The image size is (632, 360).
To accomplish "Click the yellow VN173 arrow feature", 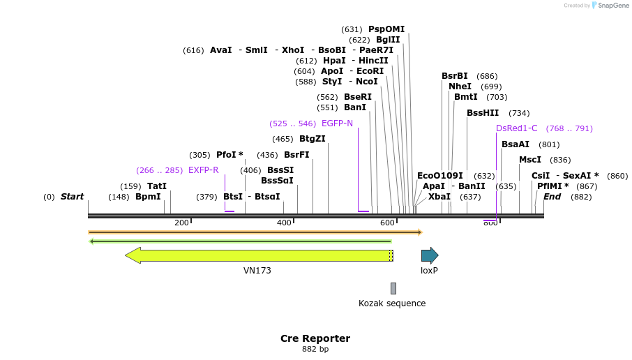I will (x=258, y=255).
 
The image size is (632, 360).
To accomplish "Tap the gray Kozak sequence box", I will (x=393, y=288).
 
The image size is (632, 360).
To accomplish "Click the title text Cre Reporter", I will (x=315, y=338).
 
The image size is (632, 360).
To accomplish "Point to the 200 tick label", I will (x=181, y=223).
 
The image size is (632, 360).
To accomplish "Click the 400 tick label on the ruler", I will (x=284, y=223).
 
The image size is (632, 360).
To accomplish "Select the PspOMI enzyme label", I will (x=386, y=29).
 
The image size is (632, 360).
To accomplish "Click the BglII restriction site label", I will (x=388, y=40).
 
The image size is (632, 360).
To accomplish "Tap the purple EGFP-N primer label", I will (x=337, y=123).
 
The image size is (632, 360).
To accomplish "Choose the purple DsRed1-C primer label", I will (x=516, y=128).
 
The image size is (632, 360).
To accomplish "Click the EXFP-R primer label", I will (x=203, y=170).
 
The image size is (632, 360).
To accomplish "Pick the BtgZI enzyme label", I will (x=312, y=139).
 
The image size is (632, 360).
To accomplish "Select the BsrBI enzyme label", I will (x=454, y=76).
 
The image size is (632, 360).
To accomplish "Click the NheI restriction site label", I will (x=460, y=87).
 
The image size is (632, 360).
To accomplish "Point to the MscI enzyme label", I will (x=530, y=160).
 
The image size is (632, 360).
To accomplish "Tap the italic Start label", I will (x=72, y=197).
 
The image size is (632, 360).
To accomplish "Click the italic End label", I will (x=552, y=197).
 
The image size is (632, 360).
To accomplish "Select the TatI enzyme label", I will (x=157, y=186).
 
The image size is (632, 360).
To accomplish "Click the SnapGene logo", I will (x=610, y=6).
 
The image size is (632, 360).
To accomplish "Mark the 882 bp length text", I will (x=315, y=349).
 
